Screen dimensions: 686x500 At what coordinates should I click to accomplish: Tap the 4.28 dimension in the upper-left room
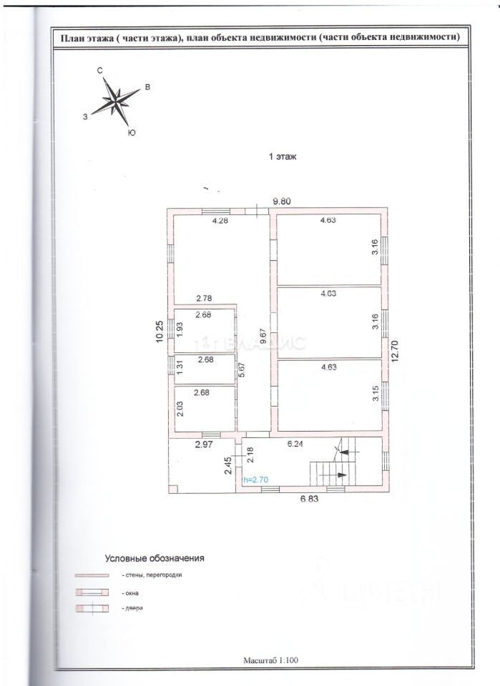[x=219, y=220]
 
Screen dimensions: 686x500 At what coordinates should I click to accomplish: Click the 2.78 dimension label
[x=207, y=298]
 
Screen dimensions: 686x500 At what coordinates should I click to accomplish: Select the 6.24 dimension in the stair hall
[x=296, y=444]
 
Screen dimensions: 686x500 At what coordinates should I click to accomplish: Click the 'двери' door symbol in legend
[x=91, y=609]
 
